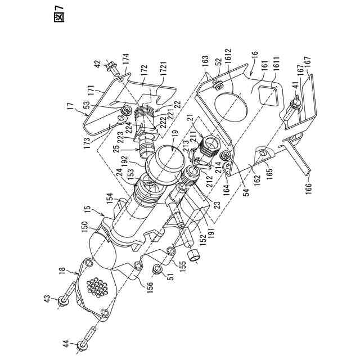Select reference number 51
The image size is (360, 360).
coord(168,274)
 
